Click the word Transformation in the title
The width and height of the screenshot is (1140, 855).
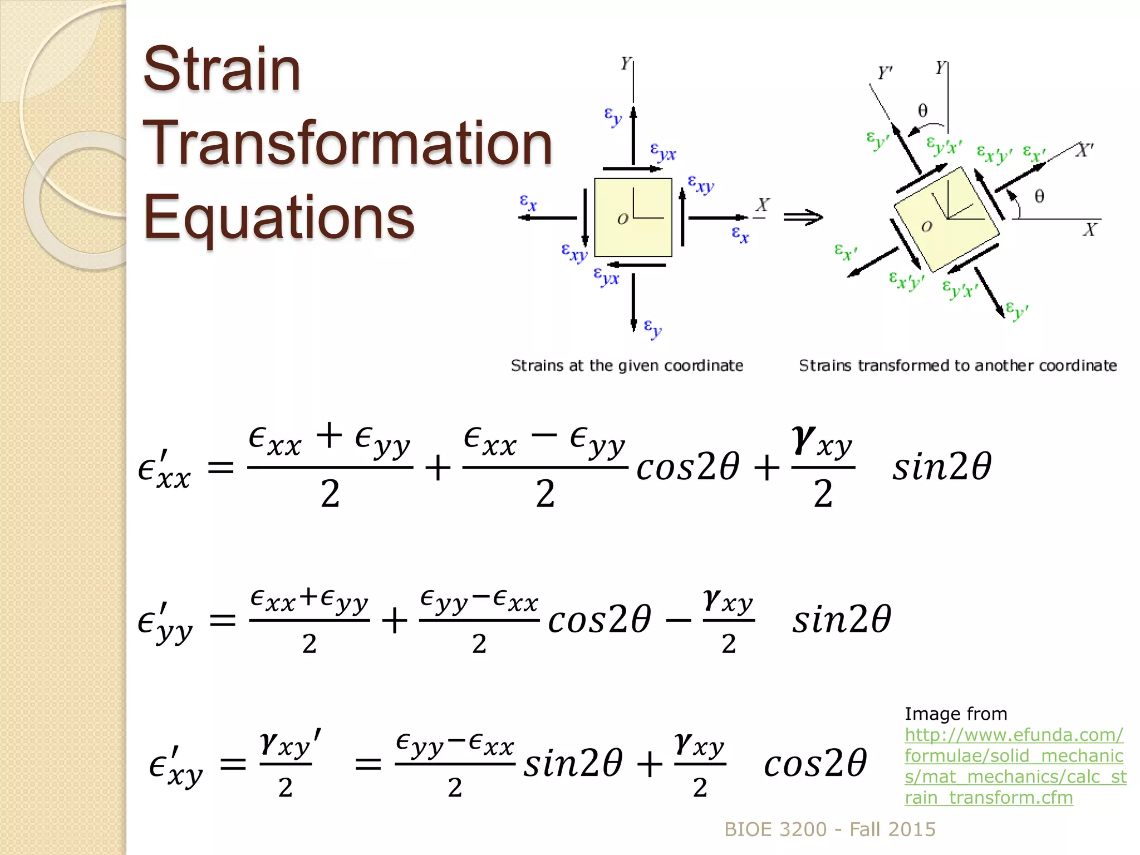[x=347, y=144]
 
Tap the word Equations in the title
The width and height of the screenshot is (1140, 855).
[x=278, y=217]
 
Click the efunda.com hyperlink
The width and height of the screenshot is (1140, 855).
[x=1015, y=766]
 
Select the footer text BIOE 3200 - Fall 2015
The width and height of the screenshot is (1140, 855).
[x=829, y=829]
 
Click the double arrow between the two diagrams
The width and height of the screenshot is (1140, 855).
[x=803, y=217]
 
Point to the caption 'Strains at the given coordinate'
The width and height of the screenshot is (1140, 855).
[x=627, y=366]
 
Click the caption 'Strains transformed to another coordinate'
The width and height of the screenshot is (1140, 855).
[x=957, y=366]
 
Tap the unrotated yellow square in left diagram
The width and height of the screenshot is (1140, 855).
[x=633, y=217]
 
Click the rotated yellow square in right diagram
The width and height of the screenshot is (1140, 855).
[x=946, y=219]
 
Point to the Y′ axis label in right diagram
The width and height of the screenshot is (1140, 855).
[x=885, y=73]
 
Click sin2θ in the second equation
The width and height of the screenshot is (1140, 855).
[x=842, y=619]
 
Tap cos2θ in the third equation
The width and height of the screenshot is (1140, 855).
[x=815, y=763]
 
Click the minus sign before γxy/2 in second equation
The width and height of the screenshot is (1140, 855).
[x=679, y=620]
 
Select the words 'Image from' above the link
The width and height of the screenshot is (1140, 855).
[x=956, y=714]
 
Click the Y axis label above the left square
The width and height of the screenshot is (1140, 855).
[x=626, y=63]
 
